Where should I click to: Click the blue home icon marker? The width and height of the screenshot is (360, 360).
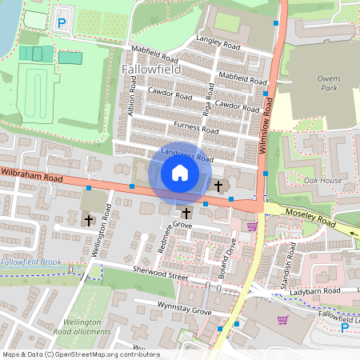tap(180, 172)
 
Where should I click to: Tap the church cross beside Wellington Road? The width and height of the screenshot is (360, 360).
tap(88, 218)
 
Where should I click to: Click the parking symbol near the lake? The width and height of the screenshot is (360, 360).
tap(61, 24)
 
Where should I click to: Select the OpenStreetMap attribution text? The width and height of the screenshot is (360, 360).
tap(81, 354)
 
